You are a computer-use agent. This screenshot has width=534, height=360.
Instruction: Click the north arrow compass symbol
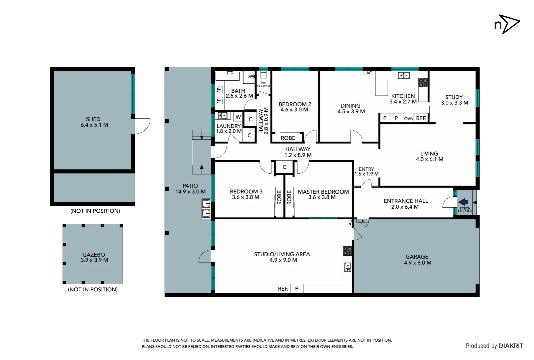[x=507, y=24]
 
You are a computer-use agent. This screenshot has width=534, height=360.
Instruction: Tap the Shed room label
[x=94, y=122]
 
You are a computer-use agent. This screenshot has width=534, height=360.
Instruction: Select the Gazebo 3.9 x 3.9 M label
[x=94, y=257]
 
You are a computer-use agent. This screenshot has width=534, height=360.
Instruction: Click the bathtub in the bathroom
[x=228, y=76]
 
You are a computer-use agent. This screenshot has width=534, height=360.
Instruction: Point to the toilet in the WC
[x=264, y=75]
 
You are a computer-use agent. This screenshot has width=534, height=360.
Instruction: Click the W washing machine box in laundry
[x=238, y=117]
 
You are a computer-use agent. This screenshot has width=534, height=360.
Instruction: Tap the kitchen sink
[x=404, y=76]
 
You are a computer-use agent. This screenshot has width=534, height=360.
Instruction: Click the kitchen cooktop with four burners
[x=423, y=82]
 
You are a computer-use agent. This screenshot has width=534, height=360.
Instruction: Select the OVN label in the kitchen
[x=408, y=118]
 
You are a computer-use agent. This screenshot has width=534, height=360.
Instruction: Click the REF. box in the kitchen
[x=421, y=118]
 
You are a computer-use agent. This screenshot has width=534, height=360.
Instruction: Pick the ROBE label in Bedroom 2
[x=288, y=138]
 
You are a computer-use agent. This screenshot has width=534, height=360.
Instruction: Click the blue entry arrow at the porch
[x=463, y=202]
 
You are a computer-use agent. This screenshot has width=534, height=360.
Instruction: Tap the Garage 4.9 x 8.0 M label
[x=417, y=260]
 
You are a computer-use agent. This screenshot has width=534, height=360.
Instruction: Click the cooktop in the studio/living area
[x=347, y=251]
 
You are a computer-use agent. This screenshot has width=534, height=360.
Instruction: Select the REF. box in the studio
[x=283, y=289]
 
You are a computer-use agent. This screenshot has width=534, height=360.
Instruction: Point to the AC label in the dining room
[x=369, y=73]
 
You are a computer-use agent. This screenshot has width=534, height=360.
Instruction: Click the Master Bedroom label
[x=323, y=194]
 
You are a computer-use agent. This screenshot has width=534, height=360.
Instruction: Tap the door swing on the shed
[x=142, y=126]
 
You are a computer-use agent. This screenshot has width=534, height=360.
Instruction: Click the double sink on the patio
[x=206, y=208]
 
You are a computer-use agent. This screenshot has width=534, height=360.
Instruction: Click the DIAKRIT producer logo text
[x=511, y=346]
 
